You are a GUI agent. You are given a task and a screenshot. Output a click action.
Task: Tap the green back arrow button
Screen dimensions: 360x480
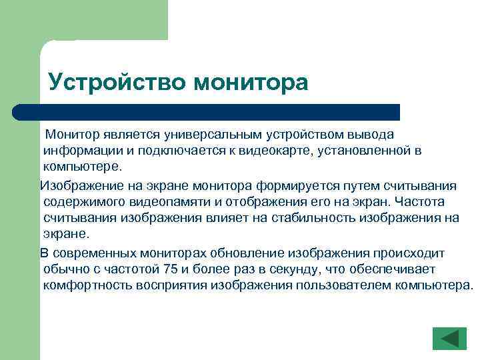point(449,339)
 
